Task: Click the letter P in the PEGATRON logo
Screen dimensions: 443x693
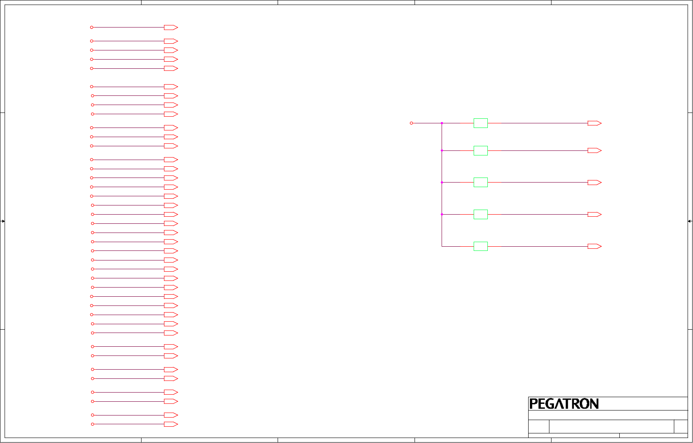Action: point(533,404)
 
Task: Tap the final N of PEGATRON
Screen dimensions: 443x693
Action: point(594,404)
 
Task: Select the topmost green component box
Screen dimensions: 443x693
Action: point(480,123)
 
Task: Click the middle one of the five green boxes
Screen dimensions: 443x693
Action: point(480,183)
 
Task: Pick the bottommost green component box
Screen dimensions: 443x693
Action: point(480,246)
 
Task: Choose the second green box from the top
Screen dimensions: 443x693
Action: point(480,150)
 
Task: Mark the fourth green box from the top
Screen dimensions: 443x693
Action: point(480,215)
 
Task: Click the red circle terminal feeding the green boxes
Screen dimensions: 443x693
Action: point(411,123)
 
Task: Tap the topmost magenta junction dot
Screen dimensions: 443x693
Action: point(442,123)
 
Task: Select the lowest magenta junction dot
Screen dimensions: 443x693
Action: point(442,215)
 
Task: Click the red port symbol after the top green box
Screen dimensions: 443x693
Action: point(594,123)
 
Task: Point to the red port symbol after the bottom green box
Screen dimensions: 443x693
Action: point(594,246)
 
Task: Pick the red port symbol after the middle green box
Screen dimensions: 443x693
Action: point(594,183)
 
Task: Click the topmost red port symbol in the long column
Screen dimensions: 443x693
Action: point(171,28)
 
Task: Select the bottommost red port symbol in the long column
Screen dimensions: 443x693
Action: point(171,424)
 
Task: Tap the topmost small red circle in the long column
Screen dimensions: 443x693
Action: point(92,28)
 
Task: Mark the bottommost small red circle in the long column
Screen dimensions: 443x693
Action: point(92,424)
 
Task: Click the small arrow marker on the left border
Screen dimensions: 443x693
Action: point(2,221)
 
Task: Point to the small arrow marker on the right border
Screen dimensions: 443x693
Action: point(690,221)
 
